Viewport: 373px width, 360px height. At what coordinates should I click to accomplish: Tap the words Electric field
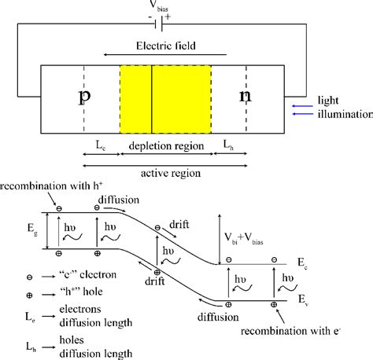click(164, 45)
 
